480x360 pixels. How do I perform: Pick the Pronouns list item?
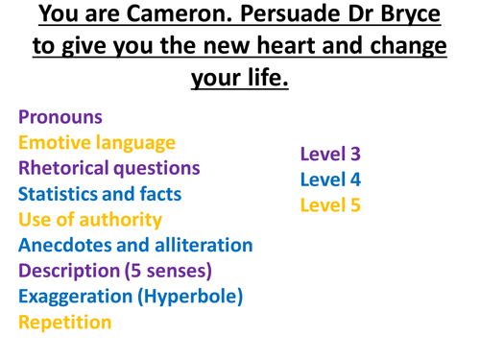click(60, 117)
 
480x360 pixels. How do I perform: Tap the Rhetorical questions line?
click(108, 168)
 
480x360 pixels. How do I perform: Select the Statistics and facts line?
click(99, 194)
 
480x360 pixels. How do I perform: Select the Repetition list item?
click(64, 323)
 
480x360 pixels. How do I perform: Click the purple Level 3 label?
click(329, 154)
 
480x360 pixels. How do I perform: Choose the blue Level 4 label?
click(329, 179)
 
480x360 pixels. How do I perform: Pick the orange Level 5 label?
click(329, 204)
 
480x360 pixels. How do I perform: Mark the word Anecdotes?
click(66, 245)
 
